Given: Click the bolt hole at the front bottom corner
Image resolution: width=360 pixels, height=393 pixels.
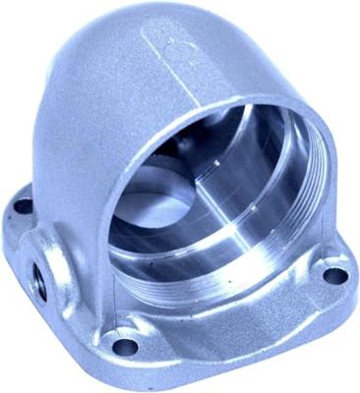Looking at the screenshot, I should [125, 345].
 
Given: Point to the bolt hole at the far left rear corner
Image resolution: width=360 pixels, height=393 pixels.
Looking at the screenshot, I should [23, 206].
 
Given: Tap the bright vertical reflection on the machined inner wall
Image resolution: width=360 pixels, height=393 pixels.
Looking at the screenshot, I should [258, 196].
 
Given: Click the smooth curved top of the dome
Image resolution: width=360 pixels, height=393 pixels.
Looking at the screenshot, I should [108, 49].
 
